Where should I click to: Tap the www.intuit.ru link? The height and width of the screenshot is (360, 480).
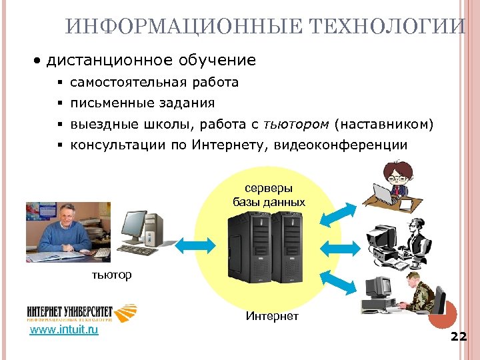point(64,329)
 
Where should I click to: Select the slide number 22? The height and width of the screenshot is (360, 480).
point(458,336)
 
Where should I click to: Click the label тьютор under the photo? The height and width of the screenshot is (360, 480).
point(111,275)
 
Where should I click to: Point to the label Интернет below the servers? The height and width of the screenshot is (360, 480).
point(272,315)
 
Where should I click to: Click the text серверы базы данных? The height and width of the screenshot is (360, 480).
point(269,195)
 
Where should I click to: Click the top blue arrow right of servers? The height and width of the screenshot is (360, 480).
point(338,213)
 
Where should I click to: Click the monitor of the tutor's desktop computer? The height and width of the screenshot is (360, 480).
point(134,227)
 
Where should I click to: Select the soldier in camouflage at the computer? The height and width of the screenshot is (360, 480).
point(420,293)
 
